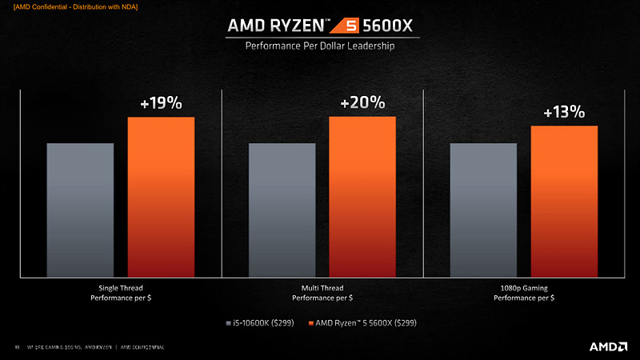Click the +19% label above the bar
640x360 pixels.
coord(161,104)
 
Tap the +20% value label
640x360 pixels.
coord(362,103)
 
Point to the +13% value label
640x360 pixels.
coord(564,112)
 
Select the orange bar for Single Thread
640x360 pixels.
coord(161,197)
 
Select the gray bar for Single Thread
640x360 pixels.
coord(80,210)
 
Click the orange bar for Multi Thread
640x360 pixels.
coord(362,197)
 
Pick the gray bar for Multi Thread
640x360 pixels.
coord(282,210)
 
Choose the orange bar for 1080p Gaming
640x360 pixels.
coord(564,201)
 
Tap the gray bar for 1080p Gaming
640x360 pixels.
coord(483,210)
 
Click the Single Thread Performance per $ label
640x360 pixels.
coord(121,292)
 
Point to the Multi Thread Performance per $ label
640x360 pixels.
coord(322,292)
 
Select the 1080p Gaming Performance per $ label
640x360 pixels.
coord(523,292)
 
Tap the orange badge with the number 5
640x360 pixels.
coord(373,25)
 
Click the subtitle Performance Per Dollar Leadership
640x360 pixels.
coord(320,46)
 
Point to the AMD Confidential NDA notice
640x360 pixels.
coord(70,7)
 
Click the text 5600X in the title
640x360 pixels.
coord(410,25)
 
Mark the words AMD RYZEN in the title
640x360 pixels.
coord(292,25)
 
